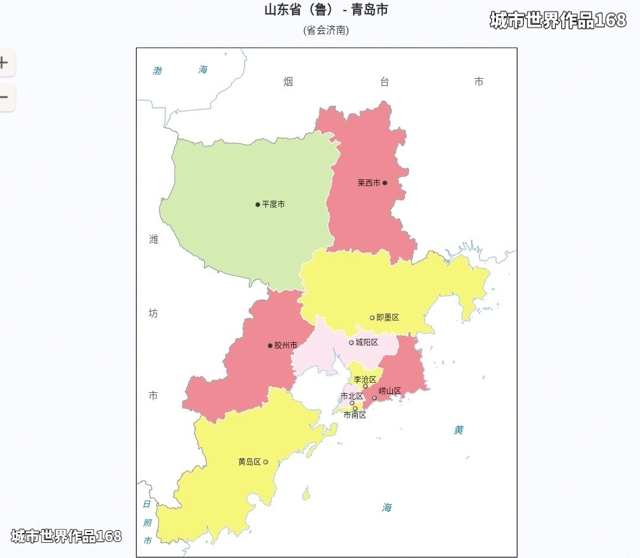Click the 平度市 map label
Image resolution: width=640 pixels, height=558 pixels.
click(273, 204)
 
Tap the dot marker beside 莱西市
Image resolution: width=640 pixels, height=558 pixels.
click(385, 183)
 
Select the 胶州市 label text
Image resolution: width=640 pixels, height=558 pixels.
click(286, 345)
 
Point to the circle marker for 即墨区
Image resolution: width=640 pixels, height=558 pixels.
click(372, 318)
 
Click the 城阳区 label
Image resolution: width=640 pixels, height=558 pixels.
click(367, 342)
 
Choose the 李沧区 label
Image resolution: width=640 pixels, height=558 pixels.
click(365, 379)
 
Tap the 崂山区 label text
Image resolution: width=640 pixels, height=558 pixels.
click(390, 391)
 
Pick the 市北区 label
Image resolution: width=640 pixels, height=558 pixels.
click(351, 396)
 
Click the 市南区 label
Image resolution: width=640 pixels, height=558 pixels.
click(355, 415)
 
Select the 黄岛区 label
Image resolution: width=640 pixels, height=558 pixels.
click(249, 462)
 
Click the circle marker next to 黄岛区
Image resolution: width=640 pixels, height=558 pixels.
click(265, 462)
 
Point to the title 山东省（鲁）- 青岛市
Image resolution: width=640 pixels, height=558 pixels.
click(326, 10)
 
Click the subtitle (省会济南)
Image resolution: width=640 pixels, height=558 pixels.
click(326, 30)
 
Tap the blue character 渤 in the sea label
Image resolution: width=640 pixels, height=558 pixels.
click(157, 71)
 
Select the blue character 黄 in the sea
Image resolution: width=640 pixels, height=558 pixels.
click(459, 430)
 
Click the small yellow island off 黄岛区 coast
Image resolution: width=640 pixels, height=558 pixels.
click(306, 493)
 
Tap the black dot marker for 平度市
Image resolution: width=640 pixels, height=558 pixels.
click(258, 204)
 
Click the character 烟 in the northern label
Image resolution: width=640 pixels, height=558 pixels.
click(288, 82)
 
